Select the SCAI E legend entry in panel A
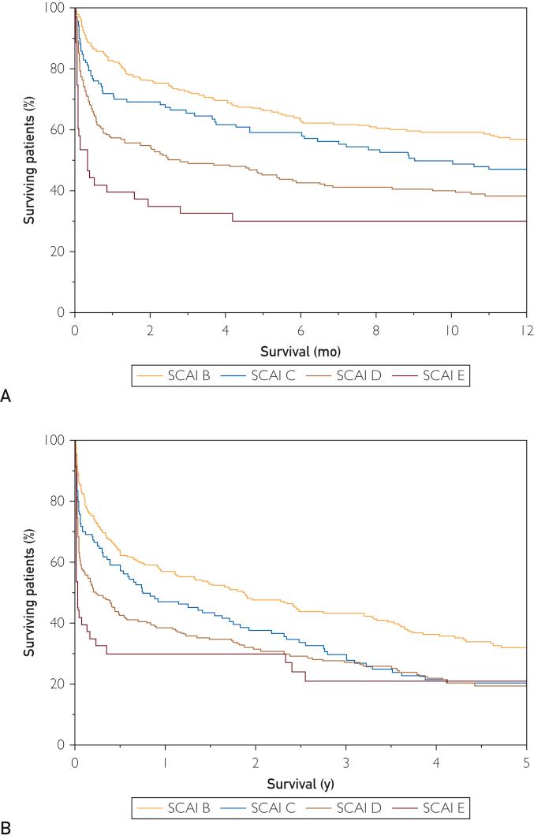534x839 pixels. [434, 377]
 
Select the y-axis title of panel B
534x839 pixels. [28, 591]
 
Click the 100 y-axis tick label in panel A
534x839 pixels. [58, 9]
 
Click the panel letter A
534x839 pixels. [6, 398]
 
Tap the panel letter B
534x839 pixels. [6, 830]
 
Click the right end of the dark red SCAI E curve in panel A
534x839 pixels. [526, 221]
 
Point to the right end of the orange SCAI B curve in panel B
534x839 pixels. [526, 647]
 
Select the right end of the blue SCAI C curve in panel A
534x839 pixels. [526, 170]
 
